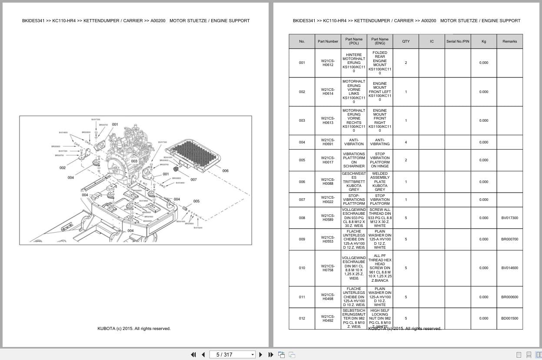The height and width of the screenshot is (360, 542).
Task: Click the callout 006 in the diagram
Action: tap(225, 171)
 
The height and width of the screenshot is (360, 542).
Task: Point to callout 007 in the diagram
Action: tap(193, 180)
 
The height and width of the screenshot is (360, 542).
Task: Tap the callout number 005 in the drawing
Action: tap(196, 201)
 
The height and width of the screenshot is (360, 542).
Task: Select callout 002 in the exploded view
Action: tap(63, 168)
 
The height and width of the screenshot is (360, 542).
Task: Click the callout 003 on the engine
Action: tap(134, 161)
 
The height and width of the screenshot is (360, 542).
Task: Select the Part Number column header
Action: tap(328, 42)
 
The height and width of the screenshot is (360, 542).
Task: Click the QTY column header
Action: tap(406, 42)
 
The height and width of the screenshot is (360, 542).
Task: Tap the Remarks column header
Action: tap(509, 42)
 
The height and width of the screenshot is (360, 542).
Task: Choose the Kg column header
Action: tap(484, 42)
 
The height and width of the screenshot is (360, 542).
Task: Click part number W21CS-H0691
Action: tap(328, 142)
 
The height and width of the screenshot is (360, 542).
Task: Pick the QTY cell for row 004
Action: tap(406, 142)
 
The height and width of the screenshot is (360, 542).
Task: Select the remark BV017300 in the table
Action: tap(509, 218)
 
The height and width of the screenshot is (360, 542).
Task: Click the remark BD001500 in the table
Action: tap(509, 318)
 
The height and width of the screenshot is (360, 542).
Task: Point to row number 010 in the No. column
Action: tap(302, 268)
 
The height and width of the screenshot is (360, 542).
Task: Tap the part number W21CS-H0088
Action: tap(328, 182)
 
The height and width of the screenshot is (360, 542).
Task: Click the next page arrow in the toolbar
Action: tap(261, 355)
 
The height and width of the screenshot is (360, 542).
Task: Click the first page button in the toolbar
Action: tap(193, 355)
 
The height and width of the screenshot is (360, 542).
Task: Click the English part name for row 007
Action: tap(380, 200)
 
